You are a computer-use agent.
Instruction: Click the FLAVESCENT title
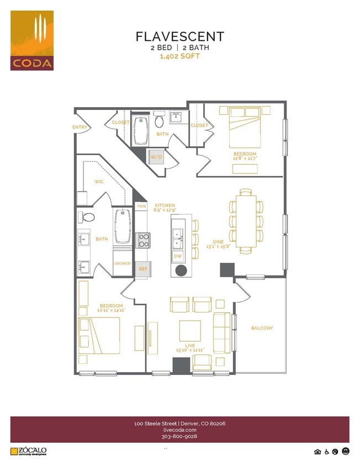pyautogui.click(x=180, y=37)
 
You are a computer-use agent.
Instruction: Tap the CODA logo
pyautogui.click(x=32, y=40)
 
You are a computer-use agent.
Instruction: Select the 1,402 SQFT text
pyautogui.click(x=180, y=56)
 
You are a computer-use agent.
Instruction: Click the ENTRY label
pyautogui.click(x=80, y=127)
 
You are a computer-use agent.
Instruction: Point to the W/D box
pyautogui.click(x=156, y=157)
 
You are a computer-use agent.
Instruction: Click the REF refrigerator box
pyautogui.click(x=143, y=269)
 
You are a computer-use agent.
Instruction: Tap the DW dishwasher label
pyautogui.click(x=178, y=257)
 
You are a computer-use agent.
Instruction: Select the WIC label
pyautogui.click(x=99, y=181)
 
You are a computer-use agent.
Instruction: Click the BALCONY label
pyautogui.click(x=262, y=328)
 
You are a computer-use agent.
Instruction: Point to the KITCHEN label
pyautogui.click(x=165, y=204)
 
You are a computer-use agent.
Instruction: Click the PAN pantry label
pyautogui.click(x=141, y=206)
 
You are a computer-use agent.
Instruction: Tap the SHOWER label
pyautogui.click(x=122, y=263)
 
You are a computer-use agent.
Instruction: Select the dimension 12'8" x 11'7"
pyautogui.click(x=245, y=158)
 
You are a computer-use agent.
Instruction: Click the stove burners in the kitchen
pyautogui.click(x=143, y=240)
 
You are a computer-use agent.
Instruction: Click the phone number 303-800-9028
pyautogui.click(x=180, y=436)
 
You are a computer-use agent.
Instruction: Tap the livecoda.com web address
pyautogui.click(x=180, y=430)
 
